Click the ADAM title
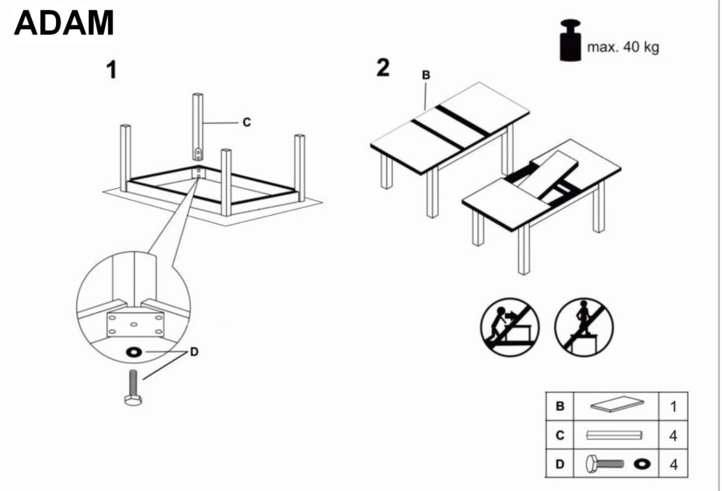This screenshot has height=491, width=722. [x=64, y=23]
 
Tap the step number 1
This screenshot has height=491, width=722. [x=112, y=70]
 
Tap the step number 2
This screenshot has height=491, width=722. [x=383, y=67]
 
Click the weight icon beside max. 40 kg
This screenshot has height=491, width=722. [x=570, y=42]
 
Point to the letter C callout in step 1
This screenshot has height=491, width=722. [x=246, y=122]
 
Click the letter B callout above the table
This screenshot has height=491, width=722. [x=426, y=76]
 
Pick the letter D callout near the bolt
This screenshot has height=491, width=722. [x=194, y=352]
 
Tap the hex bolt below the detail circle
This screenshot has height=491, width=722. [x=133, y=387]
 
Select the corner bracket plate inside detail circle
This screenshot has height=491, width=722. [x=134, y=324]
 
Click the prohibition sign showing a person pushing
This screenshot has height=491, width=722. [x=510, y=326]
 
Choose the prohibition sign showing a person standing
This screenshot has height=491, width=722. [x=584, y=326]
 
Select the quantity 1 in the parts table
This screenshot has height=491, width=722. [x=673, y=407]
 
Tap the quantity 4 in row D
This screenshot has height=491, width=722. [x=673, y=464]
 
